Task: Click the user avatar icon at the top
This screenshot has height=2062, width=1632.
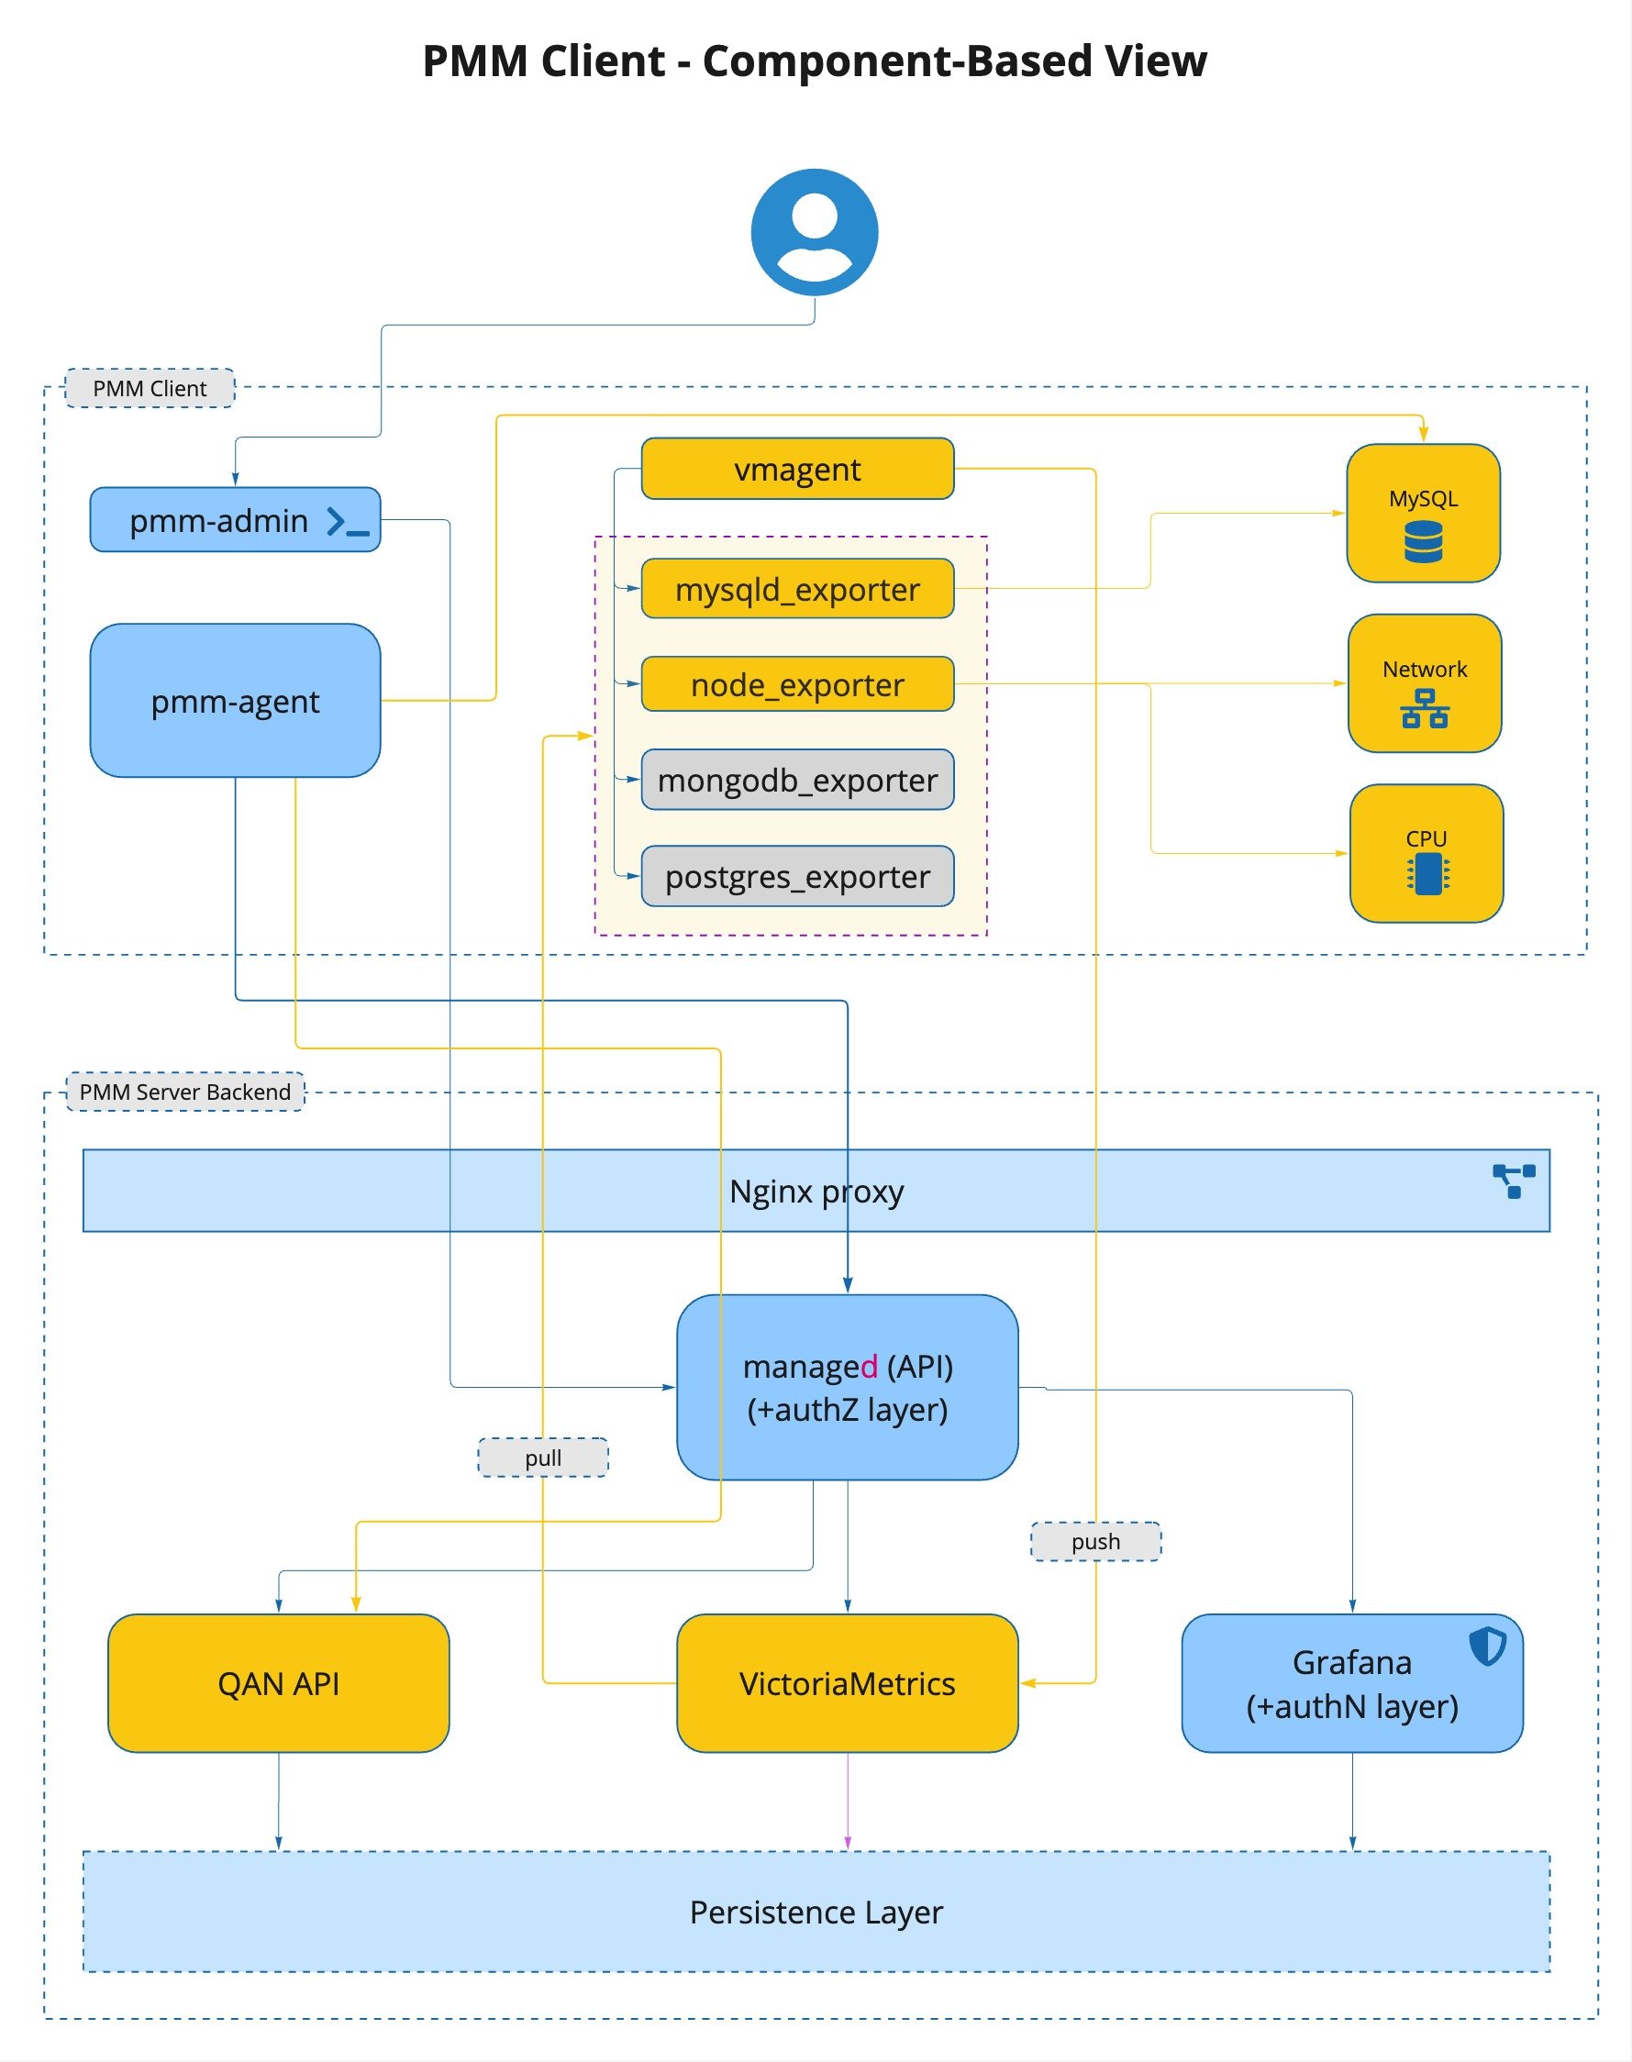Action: [814, 232]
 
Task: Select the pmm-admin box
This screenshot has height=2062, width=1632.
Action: [220, 520]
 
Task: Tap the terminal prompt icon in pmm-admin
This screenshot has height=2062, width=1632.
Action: [347, 522]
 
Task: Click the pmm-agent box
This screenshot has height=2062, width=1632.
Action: [235, 701]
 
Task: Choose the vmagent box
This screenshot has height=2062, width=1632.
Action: [797, 469]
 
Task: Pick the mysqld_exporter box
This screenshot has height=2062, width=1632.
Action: [797, 589]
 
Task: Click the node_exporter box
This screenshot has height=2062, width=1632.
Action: [797, 684]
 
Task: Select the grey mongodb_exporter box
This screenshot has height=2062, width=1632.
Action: [797, 780]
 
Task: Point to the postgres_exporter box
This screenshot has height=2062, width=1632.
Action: [797, 876]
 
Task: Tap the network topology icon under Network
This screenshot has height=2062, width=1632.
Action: [1425, 709]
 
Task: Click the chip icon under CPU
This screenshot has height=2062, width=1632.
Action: [1427, 873]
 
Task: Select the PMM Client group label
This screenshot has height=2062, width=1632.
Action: [150, 388]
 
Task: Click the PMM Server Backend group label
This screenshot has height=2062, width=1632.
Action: [185, 1092]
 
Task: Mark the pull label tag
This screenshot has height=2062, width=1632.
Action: [543, 1458]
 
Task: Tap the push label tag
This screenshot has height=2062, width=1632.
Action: [1095, 1541]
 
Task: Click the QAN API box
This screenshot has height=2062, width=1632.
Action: [278, 1683]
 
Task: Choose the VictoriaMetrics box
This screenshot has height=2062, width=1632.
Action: [847, 1683]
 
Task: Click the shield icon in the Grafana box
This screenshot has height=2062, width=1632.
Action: [1487, 1646]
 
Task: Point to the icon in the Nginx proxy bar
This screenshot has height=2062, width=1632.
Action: [1514, 1181]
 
